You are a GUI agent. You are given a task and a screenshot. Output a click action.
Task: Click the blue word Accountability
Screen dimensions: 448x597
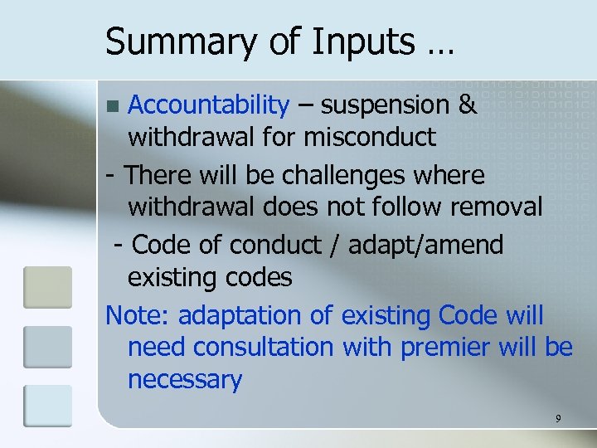[x=208, y=105]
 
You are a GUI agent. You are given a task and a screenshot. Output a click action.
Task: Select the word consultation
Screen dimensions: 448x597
[x=262, y=347]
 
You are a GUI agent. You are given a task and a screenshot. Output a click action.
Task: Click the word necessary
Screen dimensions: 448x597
[x=184, y=380]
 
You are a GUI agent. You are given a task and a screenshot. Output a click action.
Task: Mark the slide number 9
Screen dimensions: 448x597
[x=559, y=418]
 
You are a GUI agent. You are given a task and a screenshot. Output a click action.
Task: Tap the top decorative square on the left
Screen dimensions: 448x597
[x=47, y=287]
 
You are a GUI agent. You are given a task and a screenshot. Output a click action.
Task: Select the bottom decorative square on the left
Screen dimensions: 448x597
[x=47, y=406]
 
